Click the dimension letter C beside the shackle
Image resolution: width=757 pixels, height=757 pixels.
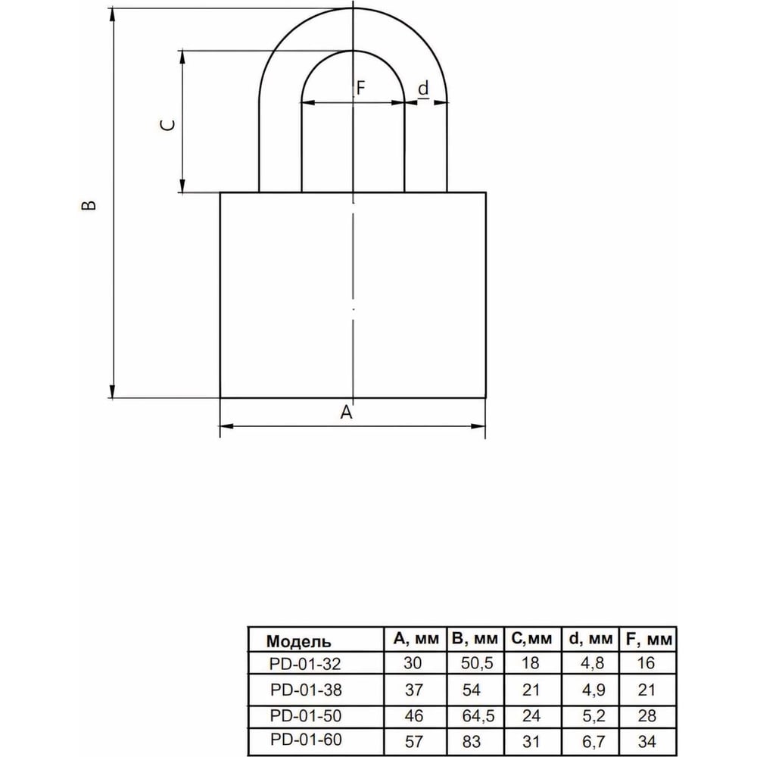167,126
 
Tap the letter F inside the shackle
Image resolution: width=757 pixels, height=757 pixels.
360,88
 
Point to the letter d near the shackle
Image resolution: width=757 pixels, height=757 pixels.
423,89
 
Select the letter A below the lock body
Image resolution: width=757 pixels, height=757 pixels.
346,412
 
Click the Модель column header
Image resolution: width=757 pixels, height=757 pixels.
298,641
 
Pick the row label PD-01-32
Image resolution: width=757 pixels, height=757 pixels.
305,665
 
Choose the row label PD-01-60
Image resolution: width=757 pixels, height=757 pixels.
306,739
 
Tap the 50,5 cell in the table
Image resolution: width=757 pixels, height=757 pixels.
477,663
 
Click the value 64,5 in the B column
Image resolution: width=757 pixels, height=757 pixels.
478,715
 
